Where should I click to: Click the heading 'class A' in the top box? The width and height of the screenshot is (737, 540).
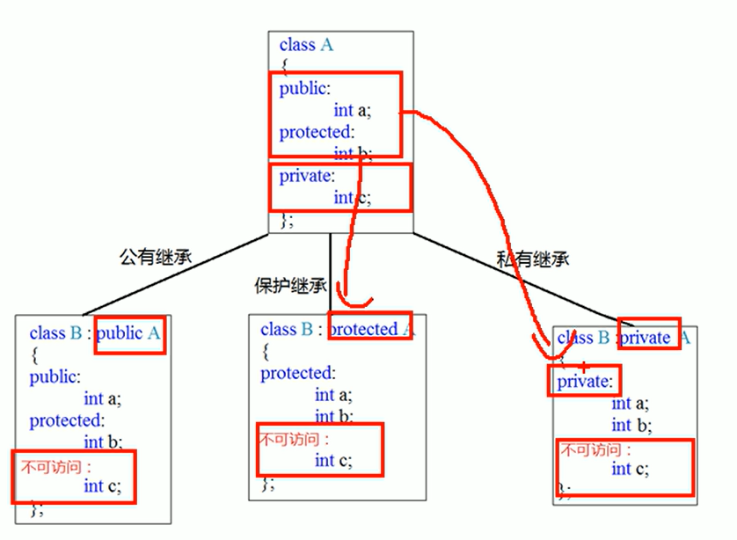click(306, 45)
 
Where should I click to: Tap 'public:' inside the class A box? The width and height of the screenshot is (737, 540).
click(304, 89)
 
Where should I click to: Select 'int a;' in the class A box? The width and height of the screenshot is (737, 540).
click(354, 110)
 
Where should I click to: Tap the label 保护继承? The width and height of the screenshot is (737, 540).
click(290, 286)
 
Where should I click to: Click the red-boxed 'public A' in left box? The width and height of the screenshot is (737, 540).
click(130, 333)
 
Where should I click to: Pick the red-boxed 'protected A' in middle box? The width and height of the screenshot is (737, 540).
click(371, 330)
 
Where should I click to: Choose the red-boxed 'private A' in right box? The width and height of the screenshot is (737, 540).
click(649, 338)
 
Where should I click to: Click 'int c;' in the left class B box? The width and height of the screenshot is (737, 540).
click(103, 485)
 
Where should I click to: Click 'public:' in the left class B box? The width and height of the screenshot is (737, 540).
click(55, 377)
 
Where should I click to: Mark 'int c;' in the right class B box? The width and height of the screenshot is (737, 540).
click(631, 469)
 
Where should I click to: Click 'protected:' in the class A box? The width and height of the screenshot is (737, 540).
click(316, 133)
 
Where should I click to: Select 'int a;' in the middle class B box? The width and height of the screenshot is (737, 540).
click(334, 396)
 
